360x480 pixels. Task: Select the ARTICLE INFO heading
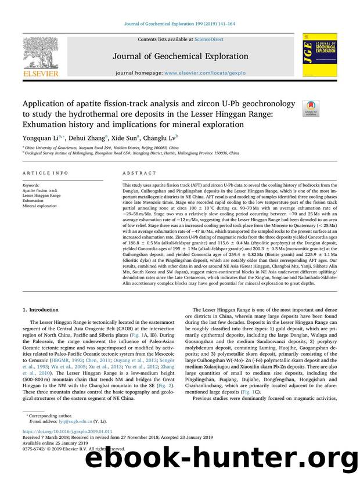pyautogui.click(x=39, y=173)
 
